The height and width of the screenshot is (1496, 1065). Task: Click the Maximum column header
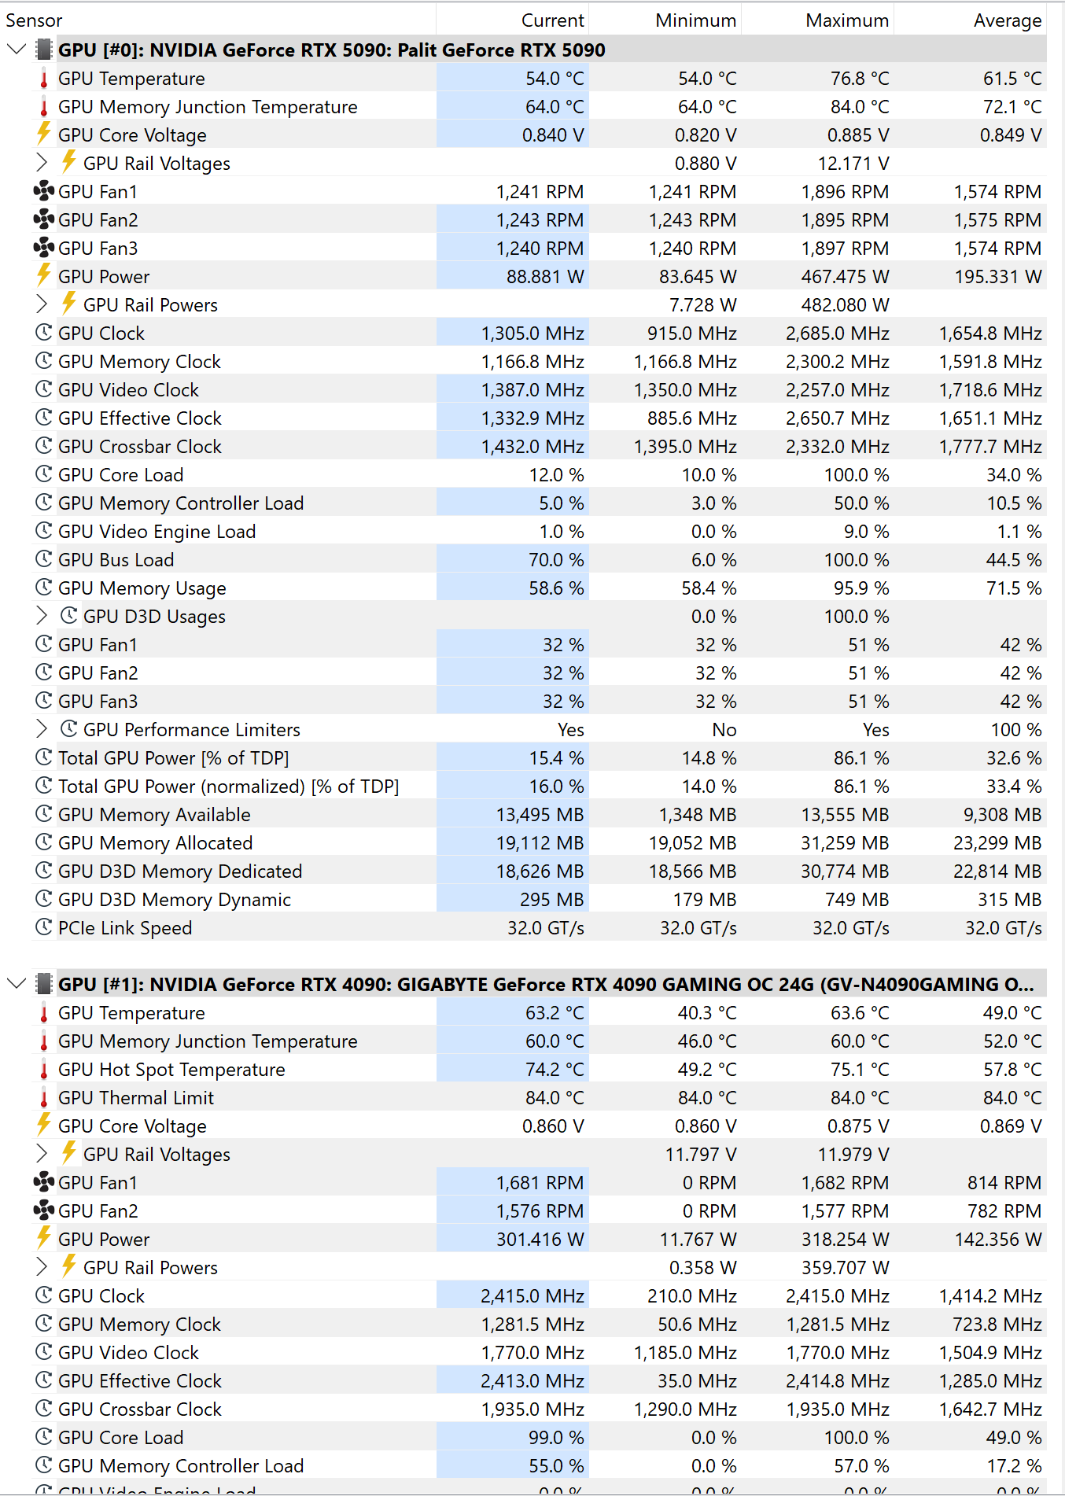[x=846, y=20]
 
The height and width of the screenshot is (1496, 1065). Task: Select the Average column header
[x=1007, y=20]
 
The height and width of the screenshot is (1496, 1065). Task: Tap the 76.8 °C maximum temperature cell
[x=860, y=79]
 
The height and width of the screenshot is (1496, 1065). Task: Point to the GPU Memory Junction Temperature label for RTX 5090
[x=208, y=107]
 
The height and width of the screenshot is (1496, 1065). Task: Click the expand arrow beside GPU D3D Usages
[x=42, y=616]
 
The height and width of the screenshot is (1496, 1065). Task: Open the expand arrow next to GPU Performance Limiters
[x=42, y=729]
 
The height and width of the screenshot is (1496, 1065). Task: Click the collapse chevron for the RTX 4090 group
[x=16, y=984]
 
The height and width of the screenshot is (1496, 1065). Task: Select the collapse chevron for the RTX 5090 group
[x=16, y=50]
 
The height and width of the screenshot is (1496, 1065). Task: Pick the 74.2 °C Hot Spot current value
[x=555, y=1070]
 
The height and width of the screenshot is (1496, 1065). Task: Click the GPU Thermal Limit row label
[x=136, y=1098]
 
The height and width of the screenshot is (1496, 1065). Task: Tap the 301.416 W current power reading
[x=540, y=1240]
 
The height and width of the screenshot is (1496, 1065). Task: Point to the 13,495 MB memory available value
[x=540, y=815]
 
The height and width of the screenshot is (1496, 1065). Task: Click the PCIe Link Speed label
[x=125, y=928]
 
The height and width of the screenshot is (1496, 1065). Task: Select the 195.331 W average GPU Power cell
[x=997, y=277]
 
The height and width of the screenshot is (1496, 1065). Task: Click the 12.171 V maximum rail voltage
[x=853, y=164]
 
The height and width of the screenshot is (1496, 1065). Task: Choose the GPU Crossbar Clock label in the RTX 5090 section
[x=140, y=447]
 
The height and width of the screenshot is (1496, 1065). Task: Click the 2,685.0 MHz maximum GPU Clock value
[x=837, y=333]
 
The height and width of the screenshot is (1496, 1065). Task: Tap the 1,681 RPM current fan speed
[x=540, y=1183]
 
